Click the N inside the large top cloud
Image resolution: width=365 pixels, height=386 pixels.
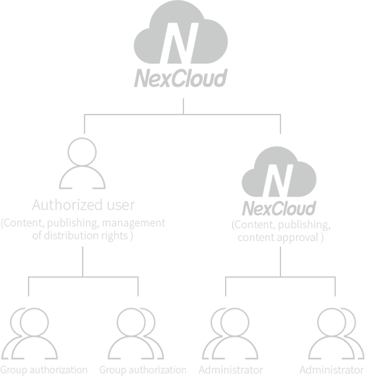pos(180,43)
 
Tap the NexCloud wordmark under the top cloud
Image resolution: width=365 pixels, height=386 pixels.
pos(181,78)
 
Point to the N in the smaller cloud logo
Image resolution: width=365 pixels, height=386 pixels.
pos(278,181)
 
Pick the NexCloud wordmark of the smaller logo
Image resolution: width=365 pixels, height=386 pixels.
pos(279,209)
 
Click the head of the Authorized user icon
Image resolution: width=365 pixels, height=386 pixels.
pos(82,152)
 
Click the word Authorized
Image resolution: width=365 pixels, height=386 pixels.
pos(67,205)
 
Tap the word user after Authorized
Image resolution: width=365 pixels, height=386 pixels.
pos(121,205)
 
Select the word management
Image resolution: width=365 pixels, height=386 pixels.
pos(134,224)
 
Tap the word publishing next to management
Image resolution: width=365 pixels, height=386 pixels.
pos(73,224)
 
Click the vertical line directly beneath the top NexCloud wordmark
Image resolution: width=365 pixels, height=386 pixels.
pos(183,106)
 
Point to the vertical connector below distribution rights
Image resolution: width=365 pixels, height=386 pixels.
pos(83,261)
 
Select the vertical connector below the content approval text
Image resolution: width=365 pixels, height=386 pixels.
pos(280,261)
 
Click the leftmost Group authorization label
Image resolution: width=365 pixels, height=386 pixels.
pos(44,370)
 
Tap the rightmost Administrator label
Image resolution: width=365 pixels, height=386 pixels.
pos(331,370)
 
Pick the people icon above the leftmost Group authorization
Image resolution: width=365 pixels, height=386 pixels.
pos(29,333)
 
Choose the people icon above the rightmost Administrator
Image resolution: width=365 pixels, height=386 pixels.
pos(336,333)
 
